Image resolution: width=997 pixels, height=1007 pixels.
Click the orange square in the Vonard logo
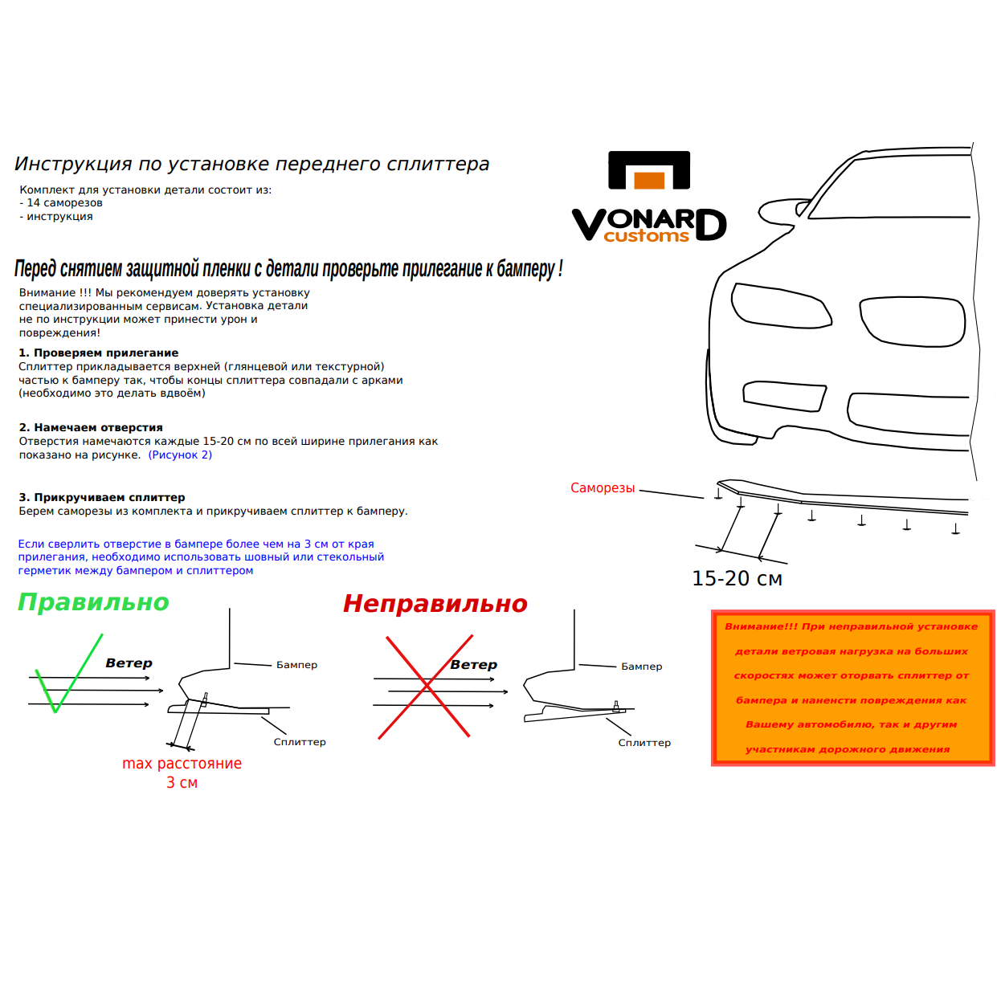[649, 180]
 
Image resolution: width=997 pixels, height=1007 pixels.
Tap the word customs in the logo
[646, 236]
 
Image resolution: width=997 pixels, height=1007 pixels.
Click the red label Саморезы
[603, 488]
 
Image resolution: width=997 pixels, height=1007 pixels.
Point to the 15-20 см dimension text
[737, 578]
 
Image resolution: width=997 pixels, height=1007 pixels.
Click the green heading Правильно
[93, 602]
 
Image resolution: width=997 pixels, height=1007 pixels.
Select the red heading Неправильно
[435, 604]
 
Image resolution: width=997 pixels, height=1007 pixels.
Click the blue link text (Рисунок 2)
[180, 455]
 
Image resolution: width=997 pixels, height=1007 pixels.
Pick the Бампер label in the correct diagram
[296, 665]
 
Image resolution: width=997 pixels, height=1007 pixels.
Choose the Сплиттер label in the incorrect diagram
[644, 743]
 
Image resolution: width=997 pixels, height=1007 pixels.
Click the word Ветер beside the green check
[129, 663]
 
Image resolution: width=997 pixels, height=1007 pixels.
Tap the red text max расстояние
[182, 764]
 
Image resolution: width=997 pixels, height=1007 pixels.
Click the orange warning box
[852, 687]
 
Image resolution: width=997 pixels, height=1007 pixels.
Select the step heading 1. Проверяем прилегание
[99, 353]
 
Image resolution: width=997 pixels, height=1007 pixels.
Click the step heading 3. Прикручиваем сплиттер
[102, 498]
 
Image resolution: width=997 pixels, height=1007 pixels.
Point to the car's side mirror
[803, 209]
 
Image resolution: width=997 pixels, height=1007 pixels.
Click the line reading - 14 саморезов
[61, 203]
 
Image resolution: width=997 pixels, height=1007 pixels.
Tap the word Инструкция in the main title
[73, 165]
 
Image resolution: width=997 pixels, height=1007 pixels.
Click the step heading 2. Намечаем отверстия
[91, 428]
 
